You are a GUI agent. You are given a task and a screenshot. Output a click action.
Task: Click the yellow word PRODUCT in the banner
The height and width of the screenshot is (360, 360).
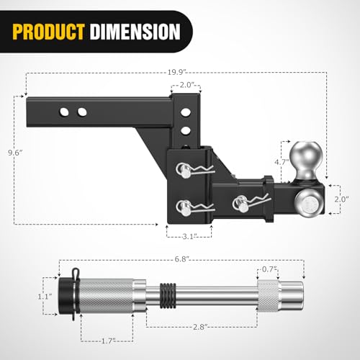click(48, 32)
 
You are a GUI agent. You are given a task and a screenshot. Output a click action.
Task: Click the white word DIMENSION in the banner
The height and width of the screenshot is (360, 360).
click(135, 32)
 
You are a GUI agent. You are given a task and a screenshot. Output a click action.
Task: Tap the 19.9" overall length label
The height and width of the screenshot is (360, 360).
click(177, 72)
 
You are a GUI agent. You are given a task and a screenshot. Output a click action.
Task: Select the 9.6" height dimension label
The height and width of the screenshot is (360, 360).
click(15, 153)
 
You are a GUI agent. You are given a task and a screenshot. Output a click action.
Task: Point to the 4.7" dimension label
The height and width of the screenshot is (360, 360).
click(282, 162)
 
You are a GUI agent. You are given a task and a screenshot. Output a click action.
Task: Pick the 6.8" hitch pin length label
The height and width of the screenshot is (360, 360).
click(181, 259)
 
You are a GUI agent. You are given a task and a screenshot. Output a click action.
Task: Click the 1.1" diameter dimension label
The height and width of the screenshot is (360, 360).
click(45, 297)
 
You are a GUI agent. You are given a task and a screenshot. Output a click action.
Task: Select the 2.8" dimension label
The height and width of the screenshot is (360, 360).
click(200, 327)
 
